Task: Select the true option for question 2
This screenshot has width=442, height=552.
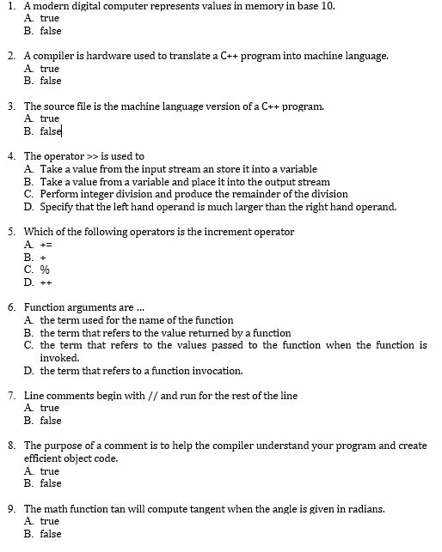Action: (x=50, y=69)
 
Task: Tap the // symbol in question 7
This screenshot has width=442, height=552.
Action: (x=153, y=396)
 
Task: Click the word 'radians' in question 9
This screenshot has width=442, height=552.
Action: (x=365, y=509)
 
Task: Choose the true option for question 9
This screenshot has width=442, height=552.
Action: (x=50, y=521)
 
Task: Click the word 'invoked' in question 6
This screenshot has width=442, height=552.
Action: (x=59, y=358)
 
